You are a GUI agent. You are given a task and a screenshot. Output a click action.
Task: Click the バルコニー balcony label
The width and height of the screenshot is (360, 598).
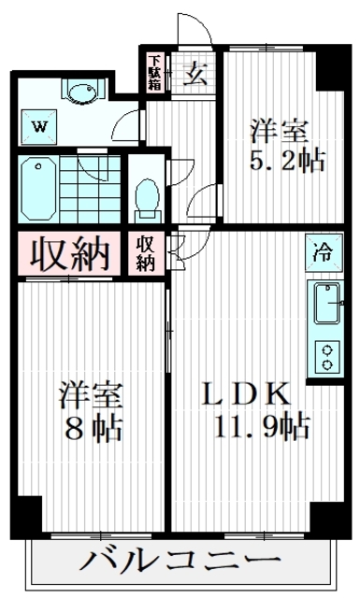point(183,562)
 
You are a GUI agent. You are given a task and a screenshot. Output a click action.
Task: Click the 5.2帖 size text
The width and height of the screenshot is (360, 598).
point(287,160)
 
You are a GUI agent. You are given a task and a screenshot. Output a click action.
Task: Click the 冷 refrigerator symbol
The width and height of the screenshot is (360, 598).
point(321,250)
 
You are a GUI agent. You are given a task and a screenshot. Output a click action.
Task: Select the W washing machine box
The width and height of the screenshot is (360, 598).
point(39,125)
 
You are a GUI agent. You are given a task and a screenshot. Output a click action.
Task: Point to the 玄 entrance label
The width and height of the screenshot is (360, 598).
point(195,74)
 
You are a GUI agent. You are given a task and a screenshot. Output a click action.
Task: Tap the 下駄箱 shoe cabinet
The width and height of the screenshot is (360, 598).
point(154,73)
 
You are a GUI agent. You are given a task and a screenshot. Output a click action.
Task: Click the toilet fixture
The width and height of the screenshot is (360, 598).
point(146,195)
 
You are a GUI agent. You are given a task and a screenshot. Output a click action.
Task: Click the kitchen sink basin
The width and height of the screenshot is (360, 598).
point(327,304)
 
